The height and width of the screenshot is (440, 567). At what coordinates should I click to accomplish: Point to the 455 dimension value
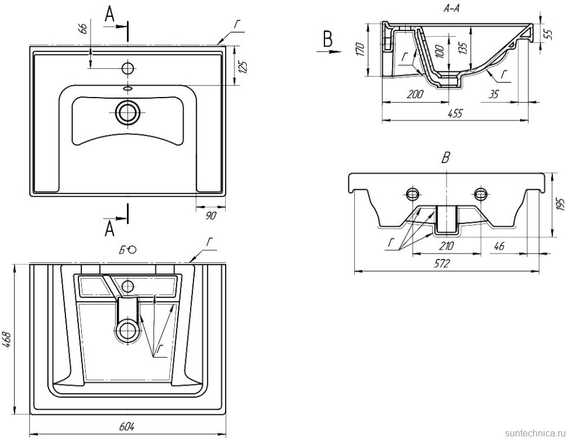point(454,114)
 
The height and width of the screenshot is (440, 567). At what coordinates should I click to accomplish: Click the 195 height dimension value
point(559,205)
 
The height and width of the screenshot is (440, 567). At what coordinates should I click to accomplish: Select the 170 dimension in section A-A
point(361,49)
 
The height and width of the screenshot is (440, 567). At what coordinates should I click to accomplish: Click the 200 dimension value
point(414,94)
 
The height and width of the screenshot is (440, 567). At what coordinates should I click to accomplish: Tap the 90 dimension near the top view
point(211,216)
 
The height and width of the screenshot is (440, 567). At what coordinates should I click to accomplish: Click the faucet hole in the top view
point(127,68)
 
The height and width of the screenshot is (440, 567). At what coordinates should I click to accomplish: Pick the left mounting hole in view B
point(413,193)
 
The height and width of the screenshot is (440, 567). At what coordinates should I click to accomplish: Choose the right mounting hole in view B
point(481,193)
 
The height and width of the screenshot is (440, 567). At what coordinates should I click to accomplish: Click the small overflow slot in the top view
point(127,89)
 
